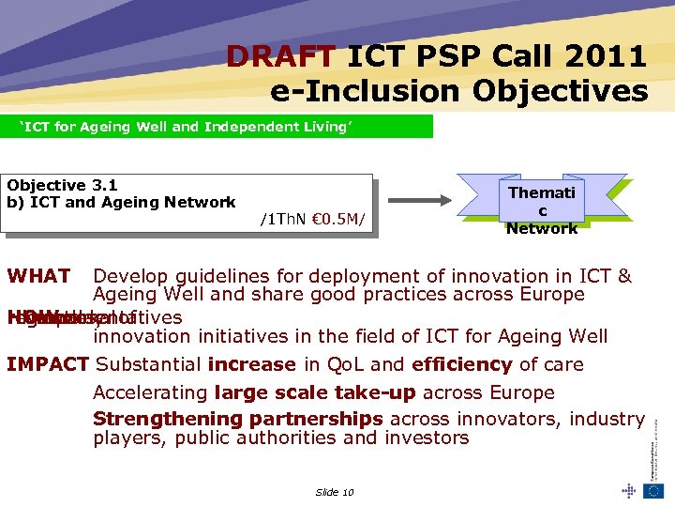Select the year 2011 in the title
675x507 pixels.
click(608, 57)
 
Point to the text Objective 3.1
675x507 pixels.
click(62, 186)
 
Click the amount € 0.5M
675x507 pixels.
click(335, 222)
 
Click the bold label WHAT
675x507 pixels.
click(38, 276)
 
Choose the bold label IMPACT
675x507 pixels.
click(48, 364)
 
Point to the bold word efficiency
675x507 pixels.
click(459, 364)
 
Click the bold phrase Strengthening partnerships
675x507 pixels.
click(237, 419)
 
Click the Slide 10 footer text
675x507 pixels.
click(335, 492)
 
